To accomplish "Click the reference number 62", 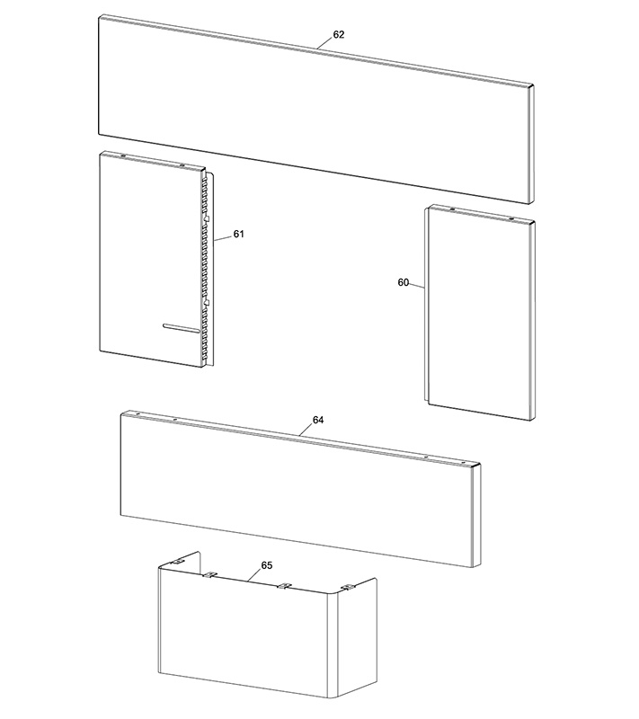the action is click(x=338, y=35).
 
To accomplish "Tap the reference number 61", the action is click(x=238, y=235).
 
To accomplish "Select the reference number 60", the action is click(x=403, y=282).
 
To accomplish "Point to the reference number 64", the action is click(x=318, y=420).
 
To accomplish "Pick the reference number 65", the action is click(x=267, y=565).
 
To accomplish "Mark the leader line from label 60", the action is click(x=417, y=286).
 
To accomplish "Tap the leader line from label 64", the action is click(x=306, y=430).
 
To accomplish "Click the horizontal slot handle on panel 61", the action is click(x=181, y=327).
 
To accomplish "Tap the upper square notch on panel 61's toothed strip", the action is click(x=206, y=218).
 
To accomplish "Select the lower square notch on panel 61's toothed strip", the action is click(x=206, y=302).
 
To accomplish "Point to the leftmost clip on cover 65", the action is click(x=176, y=562).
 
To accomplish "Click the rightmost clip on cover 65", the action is click(x=349, y=587).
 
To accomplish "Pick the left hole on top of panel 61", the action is click(x=123, y=155).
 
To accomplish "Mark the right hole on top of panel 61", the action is click(x=182, y=164).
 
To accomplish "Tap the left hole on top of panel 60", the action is click(x=452, y=209).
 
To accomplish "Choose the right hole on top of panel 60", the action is click(x=511, y=218).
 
